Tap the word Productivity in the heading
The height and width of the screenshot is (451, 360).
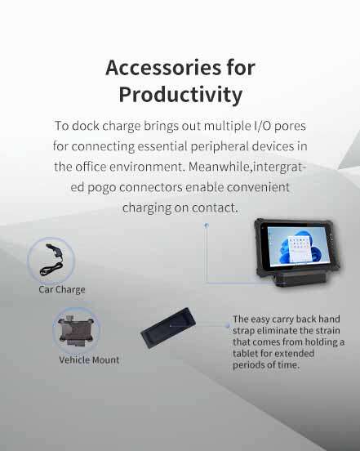[x=180, y=94]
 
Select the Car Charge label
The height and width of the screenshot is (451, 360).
[x=61, y=289]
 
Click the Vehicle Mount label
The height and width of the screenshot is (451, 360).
[x=89, y=359]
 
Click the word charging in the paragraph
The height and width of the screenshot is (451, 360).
[x=149, y=208]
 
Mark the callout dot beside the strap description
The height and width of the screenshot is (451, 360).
[x=227, y=324]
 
